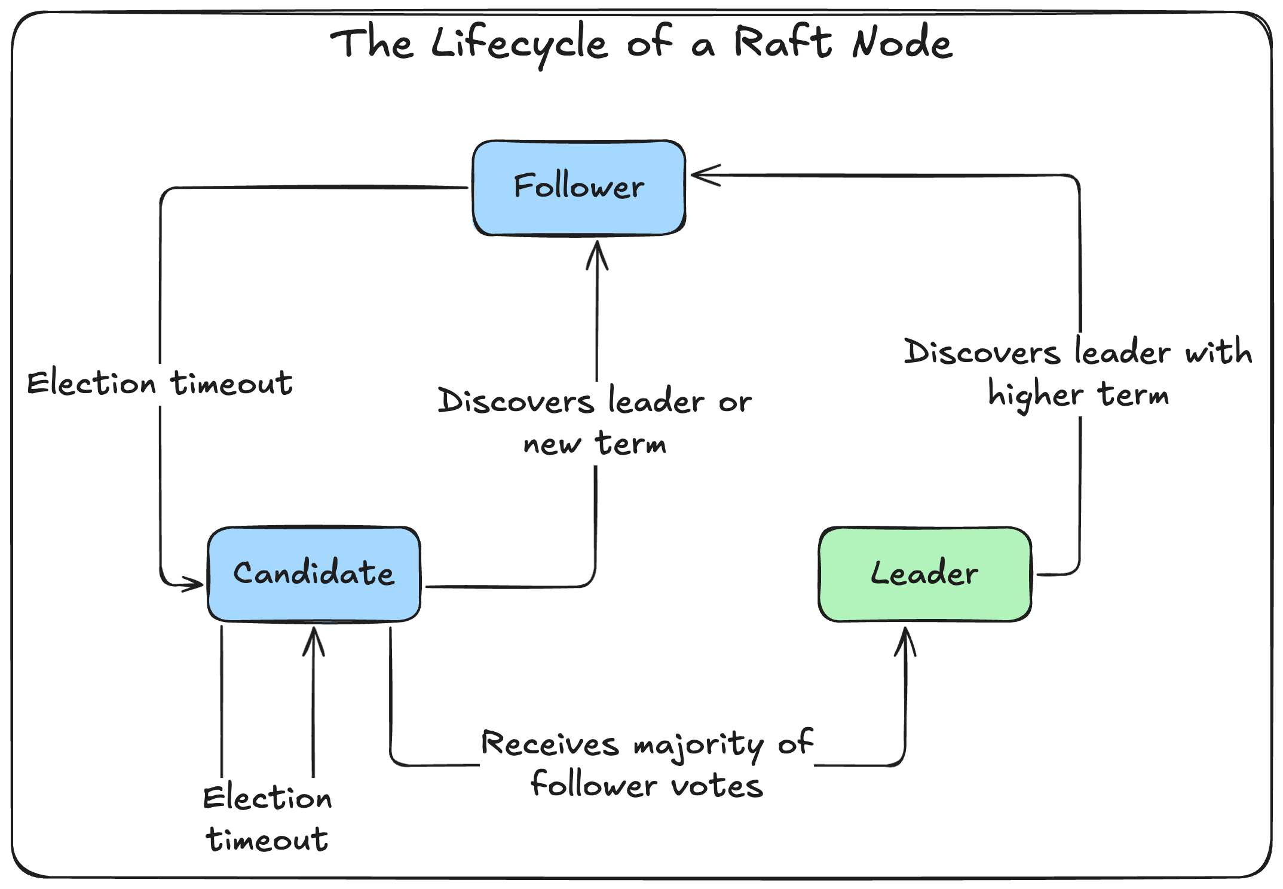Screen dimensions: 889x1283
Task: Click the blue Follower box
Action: tap(578, 188)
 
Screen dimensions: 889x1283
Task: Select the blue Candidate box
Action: tap(314, 574)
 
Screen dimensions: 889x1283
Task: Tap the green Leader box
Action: tap(924, 574)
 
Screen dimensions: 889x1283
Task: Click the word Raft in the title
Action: tap(782, 43)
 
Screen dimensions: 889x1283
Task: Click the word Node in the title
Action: tap(902, 43)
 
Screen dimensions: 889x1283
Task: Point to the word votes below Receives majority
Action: tap(717, 786)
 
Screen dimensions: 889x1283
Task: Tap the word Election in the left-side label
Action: tap(91, 384)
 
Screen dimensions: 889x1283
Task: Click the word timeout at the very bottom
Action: tap(267, 840)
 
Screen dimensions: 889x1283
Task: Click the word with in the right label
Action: tap(1218, 351)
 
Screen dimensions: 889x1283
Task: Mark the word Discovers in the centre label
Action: tap(516, 401)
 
